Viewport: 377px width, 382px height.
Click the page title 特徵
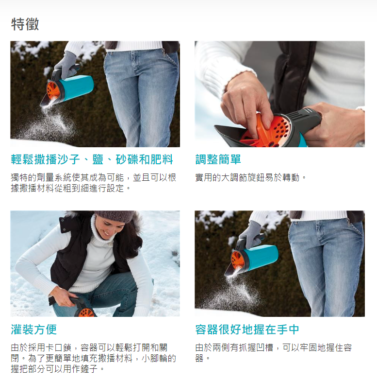[x=25, y=24]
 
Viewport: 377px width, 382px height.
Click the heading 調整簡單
[x=218, y=159]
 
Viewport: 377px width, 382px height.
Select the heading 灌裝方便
[x=34, y=330]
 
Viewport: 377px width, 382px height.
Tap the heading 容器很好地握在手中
[x=247, y=330]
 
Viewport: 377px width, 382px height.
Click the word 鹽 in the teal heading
[x=98, y=159]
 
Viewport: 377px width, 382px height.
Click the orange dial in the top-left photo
[x=53, y=90]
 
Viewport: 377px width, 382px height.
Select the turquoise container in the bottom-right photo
[x=262, y=258]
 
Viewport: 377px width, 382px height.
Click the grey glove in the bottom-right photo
[x=251, y=234]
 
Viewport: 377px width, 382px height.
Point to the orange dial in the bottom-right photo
[x=238, y=260]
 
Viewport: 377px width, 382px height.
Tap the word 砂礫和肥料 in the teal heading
[x=144, y=159]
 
